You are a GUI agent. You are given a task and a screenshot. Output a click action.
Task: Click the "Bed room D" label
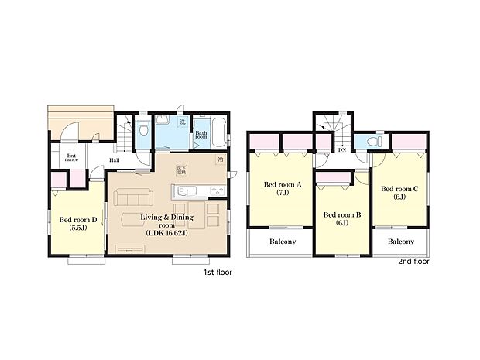78,224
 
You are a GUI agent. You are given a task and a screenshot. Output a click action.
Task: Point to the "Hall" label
114,160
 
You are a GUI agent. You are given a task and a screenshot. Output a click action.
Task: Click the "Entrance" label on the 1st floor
71,159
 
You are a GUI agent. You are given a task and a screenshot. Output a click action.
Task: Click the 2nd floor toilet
375,142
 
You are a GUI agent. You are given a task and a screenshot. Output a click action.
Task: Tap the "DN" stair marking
341,150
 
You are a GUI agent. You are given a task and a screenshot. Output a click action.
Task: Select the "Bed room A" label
281,189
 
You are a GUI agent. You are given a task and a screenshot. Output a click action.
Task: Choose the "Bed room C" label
399,192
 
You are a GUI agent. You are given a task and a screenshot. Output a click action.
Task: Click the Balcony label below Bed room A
283,242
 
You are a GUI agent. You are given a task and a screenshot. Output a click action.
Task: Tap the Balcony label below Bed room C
400,242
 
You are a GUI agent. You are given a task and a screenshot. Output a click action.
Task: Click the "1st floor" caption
218,273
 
